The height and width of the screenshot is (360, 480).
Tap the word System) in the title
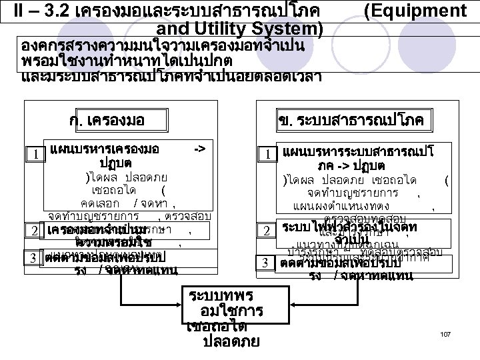tap(289, 29)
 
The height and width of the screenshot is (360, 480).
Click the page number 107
tap(447, 333)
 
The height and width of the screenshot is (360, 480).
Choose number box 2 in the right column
tap(266, 231)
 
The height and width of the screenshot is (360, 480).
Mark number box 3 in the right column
tap(266, 263)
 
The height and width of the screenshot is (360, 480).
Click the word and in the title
tap(171, 29)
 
